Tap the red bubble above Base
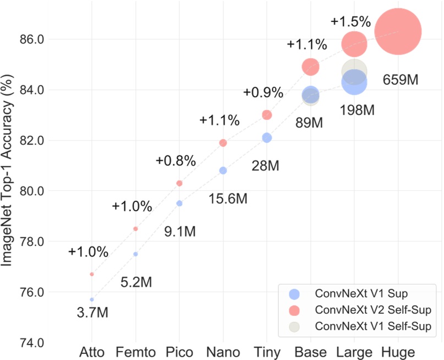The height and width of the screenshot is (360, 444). pyautogui.click(x=310, y=67)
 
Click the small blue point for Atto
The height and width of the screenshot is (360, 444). pyautogui.click(x=92, y=299)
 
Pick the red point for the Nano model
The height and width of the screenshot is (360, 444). pyautogui.click(x=223, y=143)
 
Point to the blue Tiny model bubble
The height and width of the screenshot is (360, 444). pyautogui.click(x=267, y=138)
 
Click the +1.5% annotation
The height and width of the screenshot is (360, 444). pyautogui.click(x=351, y=22)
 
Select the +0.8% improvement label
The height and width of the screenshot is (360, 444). pyautogui.click(x=176, y=161)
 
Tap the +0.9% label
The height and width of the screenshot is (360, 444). pyautogui.click(x=264, y=92)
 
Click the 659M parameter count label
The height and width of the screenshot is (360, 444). pyautogui.click(x=401, y=80)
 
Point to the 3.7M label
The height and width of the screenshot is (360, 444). pyautogui.click(x=92, y=313)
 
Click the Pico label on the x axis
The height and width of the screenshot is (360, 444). pyautogui.click(x=179, y=352)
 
